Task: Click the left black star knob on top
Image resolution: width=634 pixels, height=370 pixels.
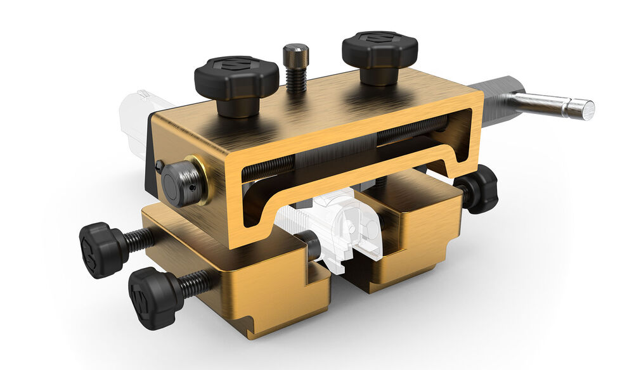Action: [x=236, y=77]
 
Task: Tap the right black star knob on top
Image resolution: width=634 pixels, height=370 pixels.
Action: [x=379, y=50]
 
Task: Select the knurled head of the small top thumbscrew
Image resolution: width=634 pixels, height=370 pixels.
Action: [x=295, y=55]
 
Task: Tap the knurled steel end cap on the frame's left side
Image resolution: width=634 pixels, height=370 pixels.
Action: [x=182, y=184]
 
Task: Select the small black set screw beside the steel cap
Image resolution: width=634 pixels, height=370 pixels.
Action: [x=159, y=166]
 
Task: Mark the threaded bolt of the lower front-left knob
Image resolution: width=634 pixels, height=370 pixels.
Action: [x=197, y=283]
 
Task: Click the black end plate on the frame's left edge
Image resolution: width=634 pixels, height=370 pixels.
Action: [x=150, y=152]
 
